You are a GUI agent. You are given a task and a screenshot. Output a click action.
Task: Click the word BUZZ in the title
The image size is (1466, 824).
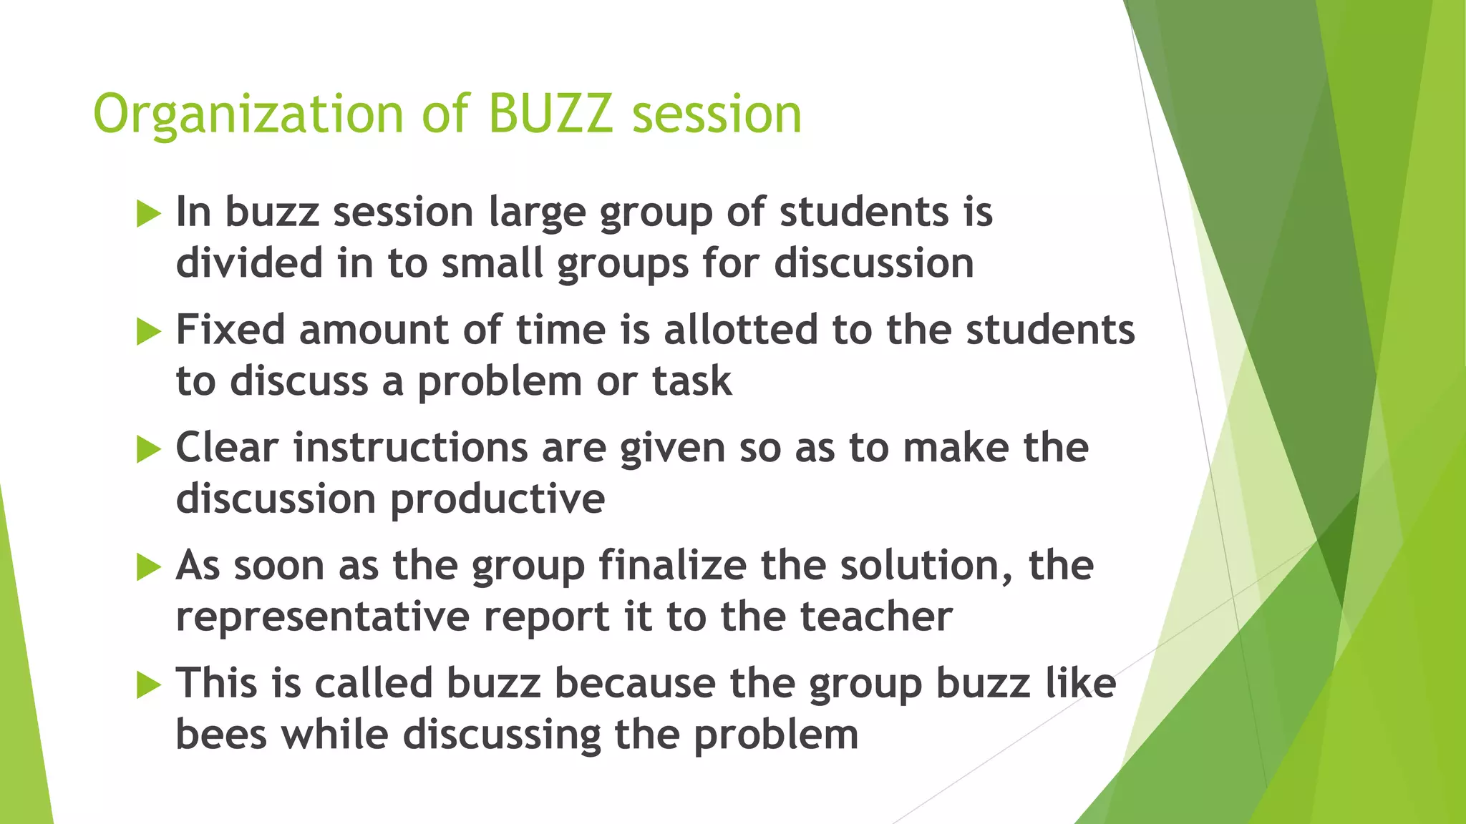pos(550,114)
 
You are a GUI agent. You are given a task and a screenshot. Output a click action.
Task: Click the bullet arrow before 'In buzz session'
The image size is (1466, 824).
pos(148,214)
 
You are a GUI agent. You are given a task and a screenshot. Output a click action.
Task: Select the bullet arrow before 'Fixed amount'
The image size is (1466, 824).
pos(148,332)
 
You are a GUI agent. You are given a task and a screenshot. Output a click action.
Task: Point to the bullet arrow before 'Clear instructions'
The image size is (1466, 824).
pos(148,450)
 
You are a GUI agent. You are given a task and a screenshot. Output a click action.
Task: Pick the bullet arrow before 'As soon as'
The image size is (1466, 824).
pos(148,568)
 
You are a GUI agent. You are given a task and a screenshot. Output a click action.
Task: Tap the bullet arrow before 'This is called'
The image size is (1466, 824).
pos(148,685)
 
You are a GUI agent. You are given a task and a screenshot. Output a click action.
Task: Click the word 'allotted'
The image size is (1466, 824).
pos(740,330)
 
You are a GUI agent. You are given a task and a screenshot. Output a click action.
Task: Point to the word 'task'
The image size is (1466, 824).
pos(691,381)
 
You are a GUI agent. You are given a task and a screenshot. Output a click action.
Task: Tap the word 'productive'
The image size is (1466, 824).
pos(497,500)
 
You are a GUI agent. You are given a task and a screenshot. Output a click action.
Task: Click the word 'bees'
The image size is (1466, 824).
pos(221,735)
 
